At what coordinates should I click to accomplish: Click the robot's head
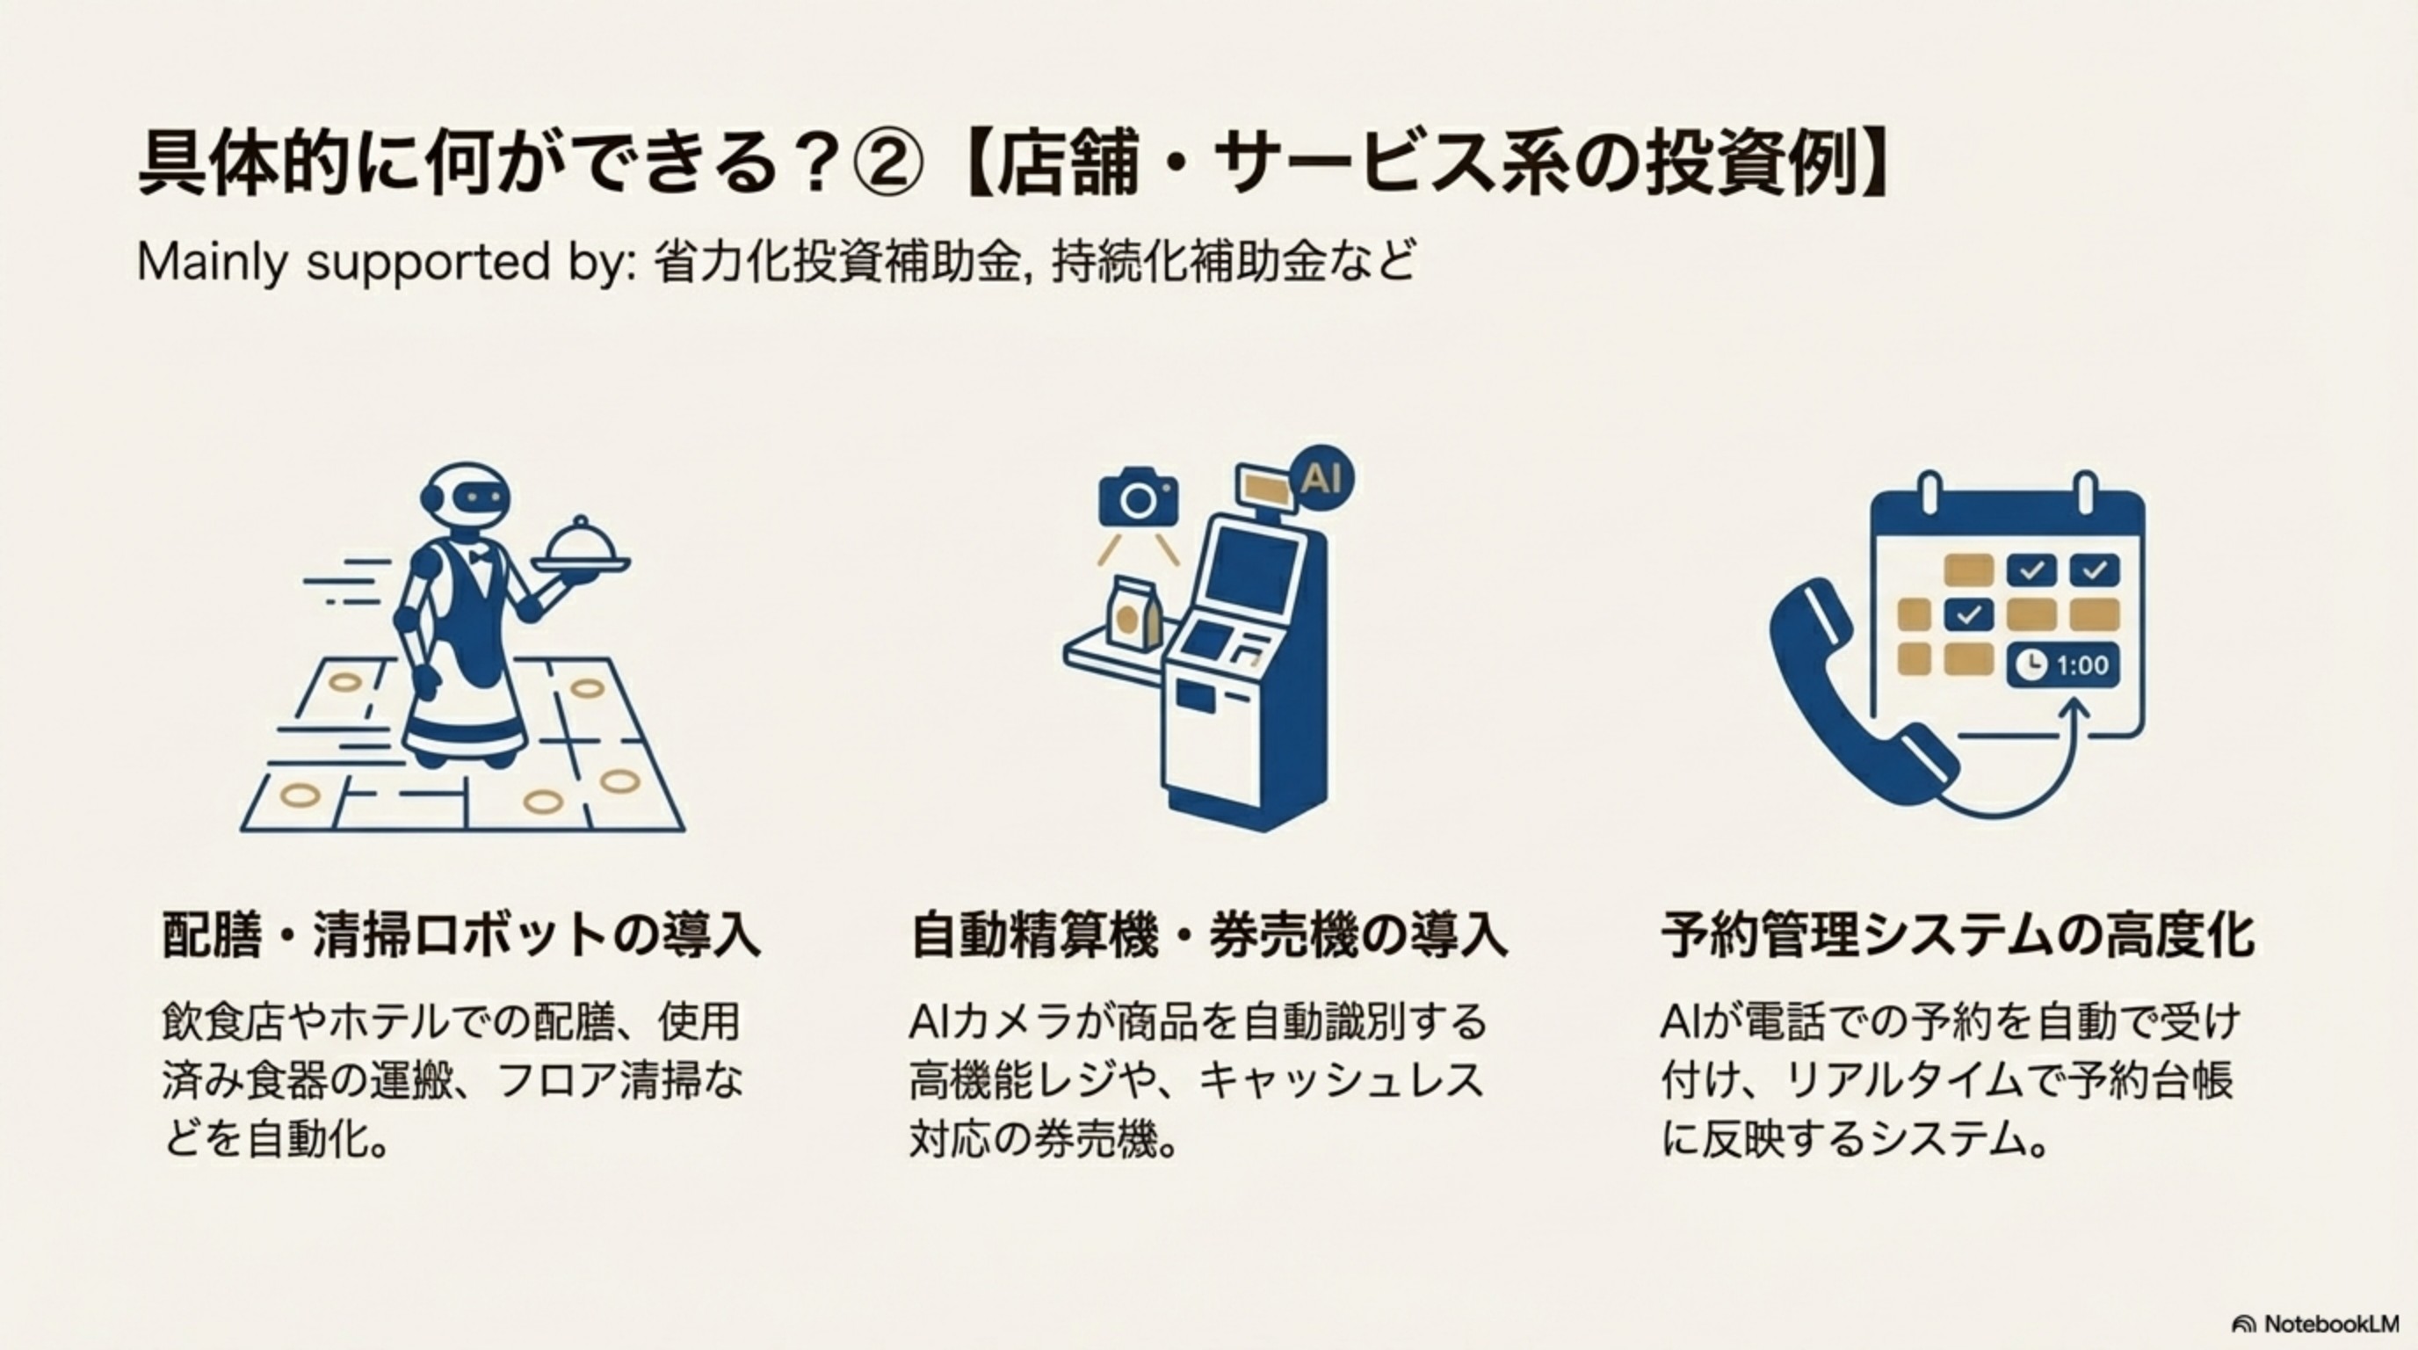tap(467, 497)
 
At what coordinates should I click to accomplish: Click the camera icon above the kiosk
tap(1138, 497)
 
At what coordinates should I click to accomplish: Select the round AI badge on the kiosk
tap(1321, 479)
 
